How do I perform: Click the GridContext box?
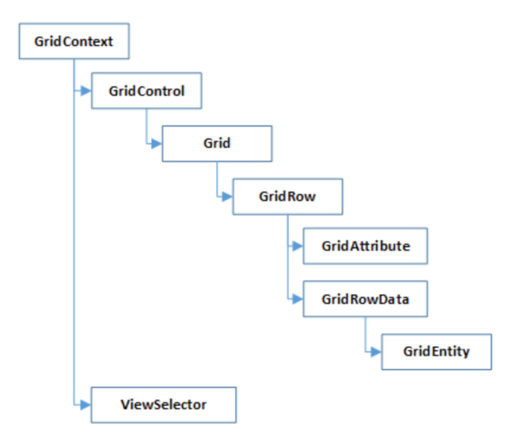tap(74, 41)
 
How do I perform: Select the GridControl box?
tap(146, 91)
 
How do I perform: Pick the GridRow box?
tap(287, 195)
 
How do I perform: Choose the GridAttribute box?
tap(365, 246)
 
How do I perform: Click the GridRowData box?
tap(365, 299)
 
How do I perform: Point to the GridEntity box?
tap(437, 351)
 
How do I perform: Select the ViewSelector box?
tap(163, 404)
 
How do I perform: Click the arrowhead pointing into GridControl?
tap(85, 91)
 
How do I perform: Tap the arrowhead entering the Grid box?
tap(156, 143)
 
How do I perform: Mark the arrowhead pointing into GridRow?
tap(228, 195)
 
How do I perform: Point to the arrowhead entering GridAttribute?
tap(297, 246)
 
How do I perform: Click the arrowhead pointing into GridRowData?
tap(297, 299)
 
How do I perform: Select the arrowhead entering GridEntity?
tap(376, 351)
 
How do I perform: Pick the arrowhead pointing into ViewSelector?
tap(85, 404)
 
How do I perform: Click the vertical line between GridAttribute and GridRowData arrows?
tap(287, 273)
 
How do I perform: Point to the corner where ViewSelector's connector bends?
tap(74, 404)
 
